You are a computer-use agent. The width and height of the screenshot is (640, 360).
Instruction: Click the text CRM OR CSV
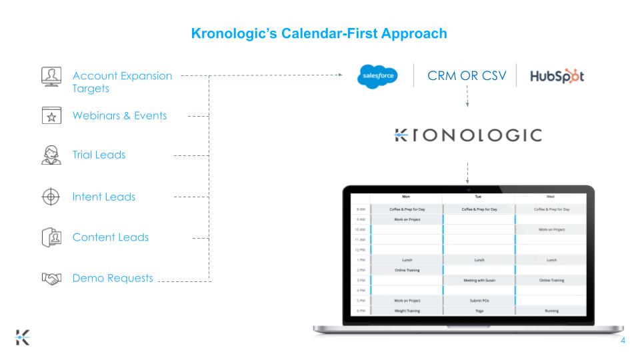[x=466, y=77]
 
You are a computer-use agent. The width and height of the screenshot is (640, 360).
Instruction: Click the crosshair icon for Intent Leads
[x=47, y=197]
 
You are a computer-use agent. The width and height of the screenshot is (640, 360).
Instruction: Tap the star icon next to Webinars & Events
[x=47, y=115]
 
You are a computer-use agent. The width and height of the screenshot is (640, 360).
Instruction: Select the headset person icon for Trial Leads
[x=47, y=155]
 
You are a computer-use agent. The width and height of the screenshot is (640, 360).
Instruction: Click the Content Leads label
[x=111, y=237]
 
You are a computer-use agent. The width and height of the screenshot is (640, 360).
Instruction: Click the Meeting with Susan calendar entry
[x=478, y=280]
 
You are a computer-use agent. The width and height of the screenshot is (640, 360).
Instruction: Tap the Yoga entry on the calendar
[x=478, y=310]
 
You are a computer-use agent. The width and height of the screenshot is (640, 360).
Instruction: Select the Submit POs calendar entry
[x=478, y=300]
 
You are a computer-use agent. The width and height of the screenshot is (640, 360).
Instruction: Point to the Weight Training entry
[x=405, y=310]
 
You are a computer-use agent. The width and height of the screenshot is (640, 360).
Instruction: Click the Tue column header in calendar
[x=478, y=197]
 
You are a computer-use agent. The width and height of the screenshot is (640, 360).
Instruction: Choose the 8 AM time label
[x=359, y=209]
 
